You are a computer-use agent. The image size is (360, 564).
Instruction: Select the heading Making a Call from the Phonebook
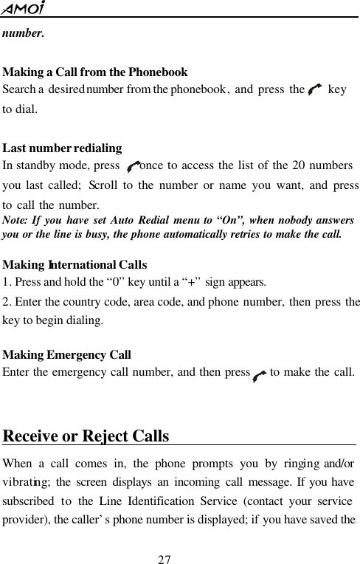click(96, 72)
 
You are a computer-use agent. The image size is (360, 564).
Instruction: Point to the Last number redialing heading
click(63, 148)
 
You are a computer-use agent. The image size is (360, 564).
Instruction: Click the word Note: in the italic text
click(17, 220)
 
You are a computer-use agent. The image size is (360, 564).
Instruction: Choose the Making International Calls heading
click(75, 264)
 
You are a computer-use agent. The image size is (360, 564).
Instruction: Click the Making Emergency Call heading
click(67, 355)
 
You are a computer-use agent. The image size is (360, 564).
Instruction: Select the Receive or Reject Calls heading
click(86, 436)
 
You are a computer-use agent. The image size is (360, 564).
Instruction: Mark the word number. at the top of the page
click(23, 34)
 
